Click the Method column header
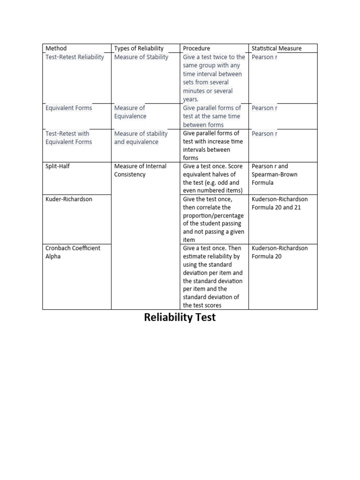click(56, 48)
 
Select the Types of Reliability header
click(139, 48)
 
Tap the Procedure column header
click(196, 48)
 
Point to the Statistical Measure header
click(277, 48)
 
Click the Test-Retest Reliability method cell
click(75, 57)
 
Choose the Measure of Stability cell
click(141, 57)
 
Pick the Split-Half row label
click(58, 166)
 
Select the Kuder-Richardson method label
click(69, 199)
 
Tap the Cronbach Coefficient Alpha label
click(73, 252)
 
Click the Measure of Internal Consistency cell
click(140, 170)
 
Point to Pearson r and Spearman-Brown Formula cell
click(275, 174)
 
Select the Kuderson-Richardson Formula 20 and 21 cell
click(280, 203)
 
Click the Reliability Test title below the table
click(180, 317)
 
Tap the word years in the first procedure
click(191, 99)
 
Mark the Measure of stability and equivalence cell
click(141, 138)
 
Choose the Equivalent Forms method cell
click(69, 108)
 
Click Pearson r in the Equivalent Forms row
click(264, 108)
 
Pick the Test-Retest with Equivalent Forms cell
click(69, 138)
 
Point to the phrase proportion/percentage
click(213, 216)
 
